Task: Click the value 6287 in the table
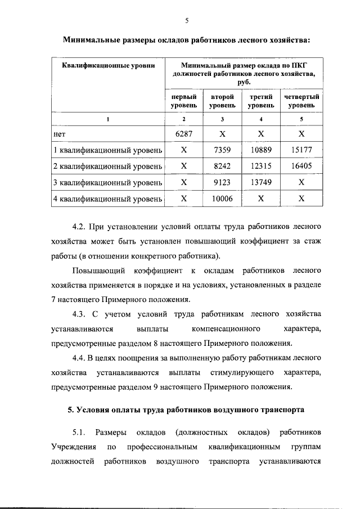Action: tap(183, 134)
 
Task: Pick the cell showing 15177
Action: tap(301, 151)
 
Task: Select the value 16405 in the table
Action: tap(301, 167)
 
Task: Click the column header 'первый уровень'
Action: tap(183, 101)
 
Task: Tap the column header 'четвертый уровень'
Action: tap(301, 101)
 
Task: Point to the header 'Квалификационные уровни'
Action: tap(107, 66)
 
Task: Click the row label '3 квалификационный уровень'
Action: tap(107, 183)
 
